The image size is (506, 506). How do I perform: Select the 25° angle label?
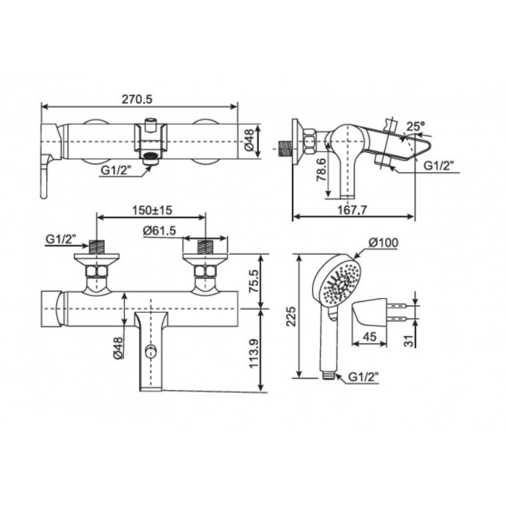[415, 126]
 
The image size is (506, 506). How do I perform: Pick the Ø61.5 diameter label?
[159, 231]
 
